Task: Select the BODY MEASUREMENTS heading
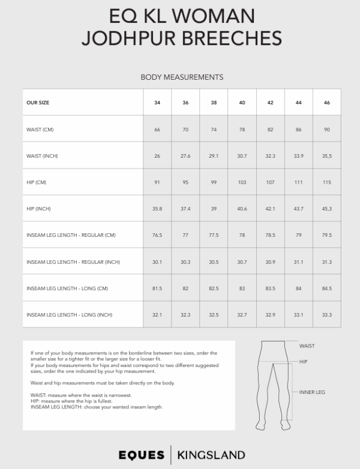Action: pos(182,77)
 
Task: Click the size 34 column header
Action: pos(157,103)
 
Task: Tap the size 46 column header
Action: pos(327,103)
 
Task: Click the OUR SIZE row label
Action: pos(38,103)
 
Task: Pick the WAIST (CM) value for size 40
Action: pos(242,130)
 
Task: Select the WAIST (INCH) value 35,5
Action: pos(327,156)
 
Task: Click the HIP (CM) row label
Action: pos(37,182)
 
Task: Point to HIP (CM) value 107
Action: pos(270,182)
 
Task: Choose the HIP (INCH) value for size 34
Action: pos(157,209)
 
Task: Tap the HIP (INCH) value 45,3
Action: pos(327,209)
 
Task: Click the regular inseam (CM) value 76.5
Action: pos(157,235)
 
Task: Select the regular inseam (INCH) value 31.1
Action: pos(299,261)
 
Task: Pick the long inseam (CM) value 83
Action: pos(242,288)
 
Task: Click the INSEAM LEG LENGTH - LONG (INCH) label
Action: pos(70,315)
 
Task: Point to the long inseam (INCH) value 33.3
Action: pos(327,315)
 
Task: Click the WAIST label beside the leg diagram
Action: pos(307,346)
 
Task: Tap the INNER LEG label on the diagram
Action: pos(311,392)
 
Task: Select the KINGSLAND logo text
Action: pos(211,453)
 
